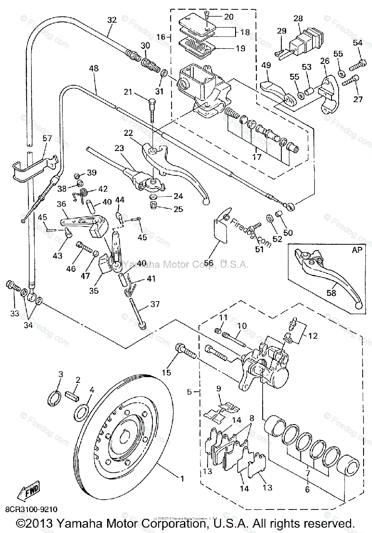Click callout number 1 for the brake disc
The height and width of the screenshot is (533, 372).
pos(181,478)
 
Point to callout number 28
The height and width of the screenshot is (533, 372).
pos(298,19)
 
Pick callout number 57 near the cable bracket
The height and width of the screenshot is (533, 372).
pos(47,139)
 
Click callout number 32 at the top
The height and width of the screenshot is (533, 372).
pos(112,20)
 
